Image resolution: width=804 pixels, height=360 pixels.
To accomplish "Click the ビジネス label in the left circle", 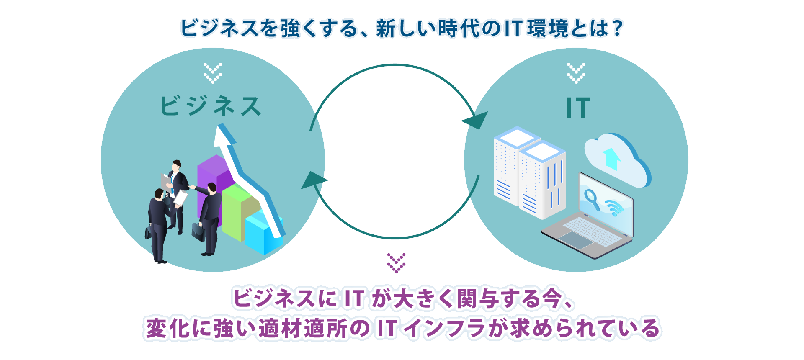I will click(211, 106).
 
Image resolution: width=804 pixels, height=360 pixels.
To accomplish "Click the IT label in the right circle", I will click(578, 108).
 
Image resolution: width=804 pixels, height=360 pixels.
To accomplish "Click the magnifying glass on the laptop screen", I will click(592, 198).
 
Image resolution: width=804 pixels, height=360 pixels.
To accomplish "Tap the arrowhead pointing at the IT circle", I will click(476, 120).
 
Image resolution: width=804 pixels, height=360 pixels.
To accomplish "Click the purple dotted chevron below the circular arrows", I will click(396, 263).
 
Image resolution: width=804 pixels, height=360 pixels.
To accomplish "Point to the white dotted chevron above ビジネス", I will click(213, 73).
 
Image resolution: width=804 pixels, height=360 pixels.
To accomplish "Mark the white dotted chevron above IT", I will click(576, 73).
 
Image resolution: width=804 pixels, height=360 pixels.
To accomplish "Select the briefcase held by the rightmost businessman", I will click(198, 231).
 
